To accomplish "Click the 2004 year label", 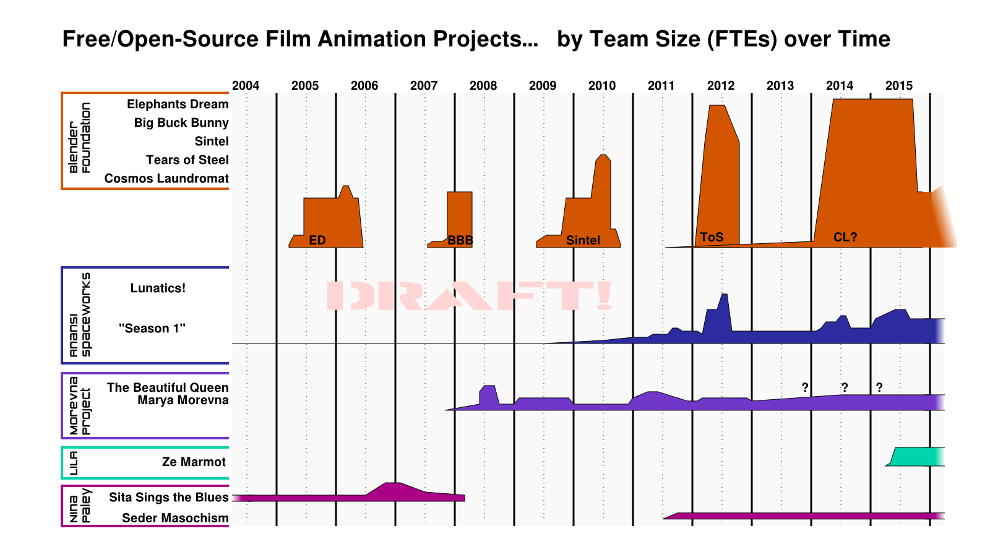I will point(246,85).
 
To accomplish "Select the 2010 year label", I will point(602,85).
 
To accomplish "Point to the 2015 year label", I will point(899,85).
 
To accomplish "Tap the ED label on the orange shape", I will point(317,240).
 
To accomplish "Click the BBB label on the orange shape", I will point(460,240).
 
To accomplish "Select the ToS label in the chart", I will point(712,237).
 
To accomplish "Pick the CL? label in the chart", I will point(845,237).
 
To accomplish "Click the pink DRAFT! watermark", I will point(469,296).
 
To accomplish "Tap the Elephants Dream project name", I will point(178,104).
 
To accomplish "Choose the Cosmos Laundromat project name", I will point(166,178).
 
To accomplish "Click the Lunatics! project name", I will point(158,288).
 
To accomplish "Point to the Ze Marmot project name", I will point(194,462).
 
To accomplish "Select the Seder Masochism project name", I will point(175,518).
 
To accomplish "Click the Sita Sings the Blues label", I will point(168,497).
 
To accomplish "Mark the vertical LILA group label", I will point(74,463).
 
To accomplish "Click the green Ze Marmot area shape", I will point(916,457).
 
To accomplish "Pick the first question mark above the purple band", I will point(805,387).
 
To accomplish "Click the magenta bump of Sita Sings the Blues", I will point(394,491).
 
